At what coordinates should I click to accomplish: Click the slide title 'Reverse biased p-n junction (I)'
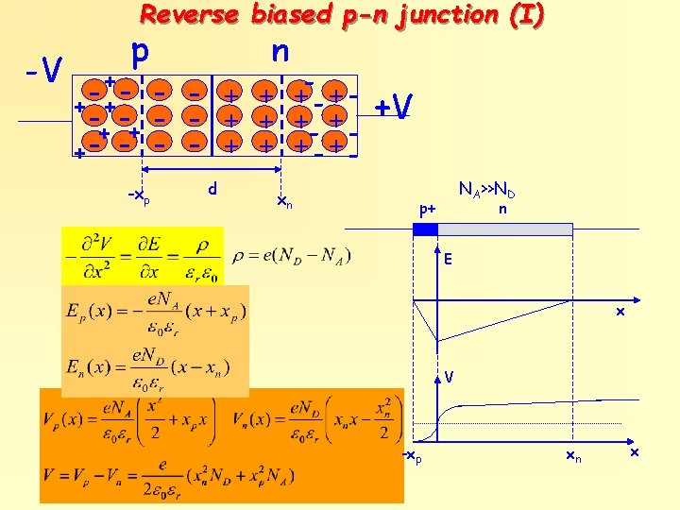342,15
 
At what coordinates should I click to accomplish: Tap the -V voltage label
43,70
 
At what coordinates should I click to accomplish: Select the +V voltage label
393,108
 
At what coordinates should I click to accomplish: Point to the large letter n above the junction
280,51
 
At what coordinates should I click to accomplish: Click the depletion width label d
212,189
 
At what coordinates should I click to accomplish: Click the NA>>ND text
486,190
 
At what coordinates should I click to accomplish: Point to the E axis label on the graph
450,256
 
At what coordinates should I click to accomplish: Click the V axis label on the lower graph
450,377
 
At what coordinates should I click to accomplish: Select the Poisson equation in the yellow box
142,255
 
